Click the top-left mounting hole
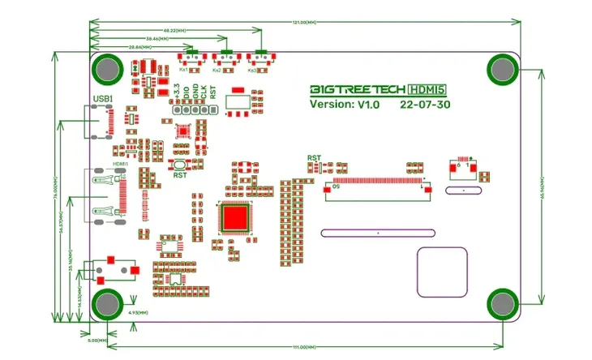107,69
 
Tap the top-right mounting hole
502,70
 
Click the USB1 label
103,100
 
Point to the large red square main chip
236,217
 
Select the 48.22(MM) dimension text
176,30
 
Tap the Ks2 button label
217,71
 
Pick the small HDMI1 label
120,164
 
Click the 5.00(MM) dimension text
96,340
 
